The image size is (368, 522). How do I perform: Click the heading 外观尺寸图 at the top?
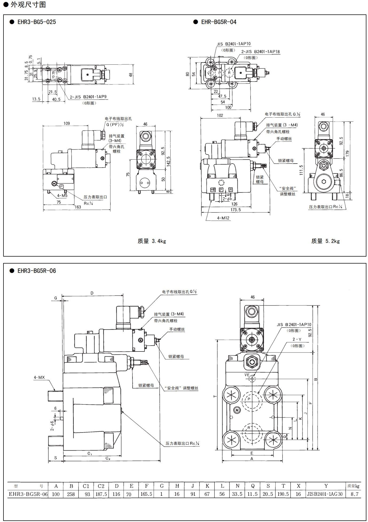point(28,5)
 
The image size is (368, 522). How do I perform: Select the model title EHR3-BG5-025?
point(37,22)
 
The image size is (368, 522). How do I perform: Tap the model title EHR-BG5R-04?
point(218,22)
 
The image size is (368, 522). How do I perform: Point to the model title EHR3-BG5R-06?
point(37,271)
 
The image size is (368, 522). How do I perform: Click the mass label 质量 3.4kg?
point(152,241)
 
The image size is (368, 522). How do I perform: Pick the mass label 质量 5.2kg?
point(325,241)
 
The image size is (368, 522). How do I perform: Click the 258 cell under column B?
point(71,494)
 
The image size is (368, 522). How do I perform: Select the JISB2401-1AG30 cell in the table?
point(326,494)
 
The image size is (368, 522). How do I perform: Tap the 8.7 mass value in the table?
point(354,494)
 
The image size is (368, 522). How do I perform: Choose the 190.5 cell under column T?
point(283,494)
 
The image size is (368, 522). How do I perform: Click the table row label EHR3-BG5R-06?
point(28,494)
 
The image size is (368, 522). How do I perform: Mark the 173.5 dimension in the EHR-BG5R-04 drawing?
point(236,210)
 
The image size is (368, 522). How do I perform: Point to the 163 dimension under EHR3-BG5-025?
point(78,207)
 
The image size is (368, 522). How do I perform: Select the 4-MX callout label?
point(39,377)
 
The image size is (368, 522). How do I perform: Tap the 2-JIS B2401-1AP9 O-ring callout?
point(89,97)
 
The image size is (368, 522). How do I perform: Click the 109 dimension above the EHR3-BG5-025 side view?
point(67,123)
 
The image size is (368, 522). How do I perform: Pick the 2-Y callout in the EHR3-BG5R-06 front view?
point(297,339)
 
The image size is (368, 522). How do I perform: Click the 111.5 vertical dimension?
point(301,170)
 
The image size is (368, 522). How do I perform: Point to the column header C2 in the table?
point(101,486)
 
